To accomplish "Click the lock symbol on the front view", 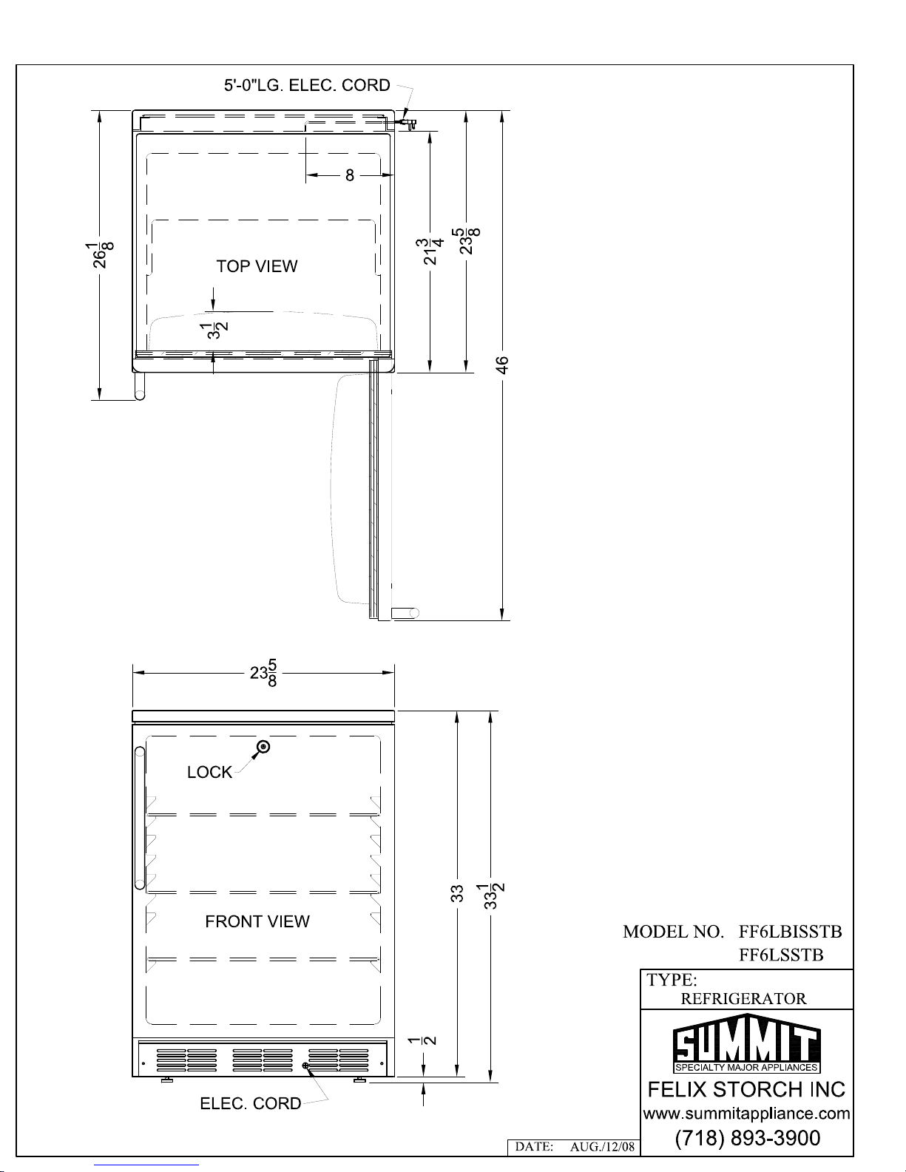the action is (x=264, y=747).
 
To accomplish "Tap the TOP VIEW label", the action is (x=257, y=266).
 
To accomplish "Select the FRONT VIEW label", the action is (x=257, y=921).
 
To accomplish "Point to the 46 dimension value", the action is (x=502, y=365).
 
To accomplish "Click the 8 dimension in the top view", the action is (x=349, y=175).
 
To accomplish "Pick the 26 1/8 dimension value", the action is (x=100, y=255).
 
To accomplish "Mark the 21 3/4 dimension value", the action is (x=430, y=251).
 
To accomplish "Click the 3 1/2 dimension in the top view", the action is (x=214, y=331).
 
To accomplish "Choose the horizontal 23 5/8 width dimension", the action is (x=264, y=673).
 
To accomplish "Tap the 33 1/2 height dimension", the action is (x=491, y=896).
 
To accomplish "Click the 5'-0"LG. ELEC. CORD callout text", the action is (x=307, y=85).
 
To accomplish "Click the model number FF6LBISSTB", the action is (x=790, y=932).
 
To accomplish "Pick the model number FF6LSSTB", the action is (x=781, y=955).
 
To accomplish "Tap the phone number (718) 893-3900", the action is (x=748, y=1138).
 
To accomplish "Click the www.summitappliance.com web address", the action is (x=747, y=1113).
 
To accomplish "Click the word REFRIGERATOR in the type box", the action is (x=744, y=999).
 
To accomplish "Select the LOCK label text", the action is (x=210, y=773).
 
